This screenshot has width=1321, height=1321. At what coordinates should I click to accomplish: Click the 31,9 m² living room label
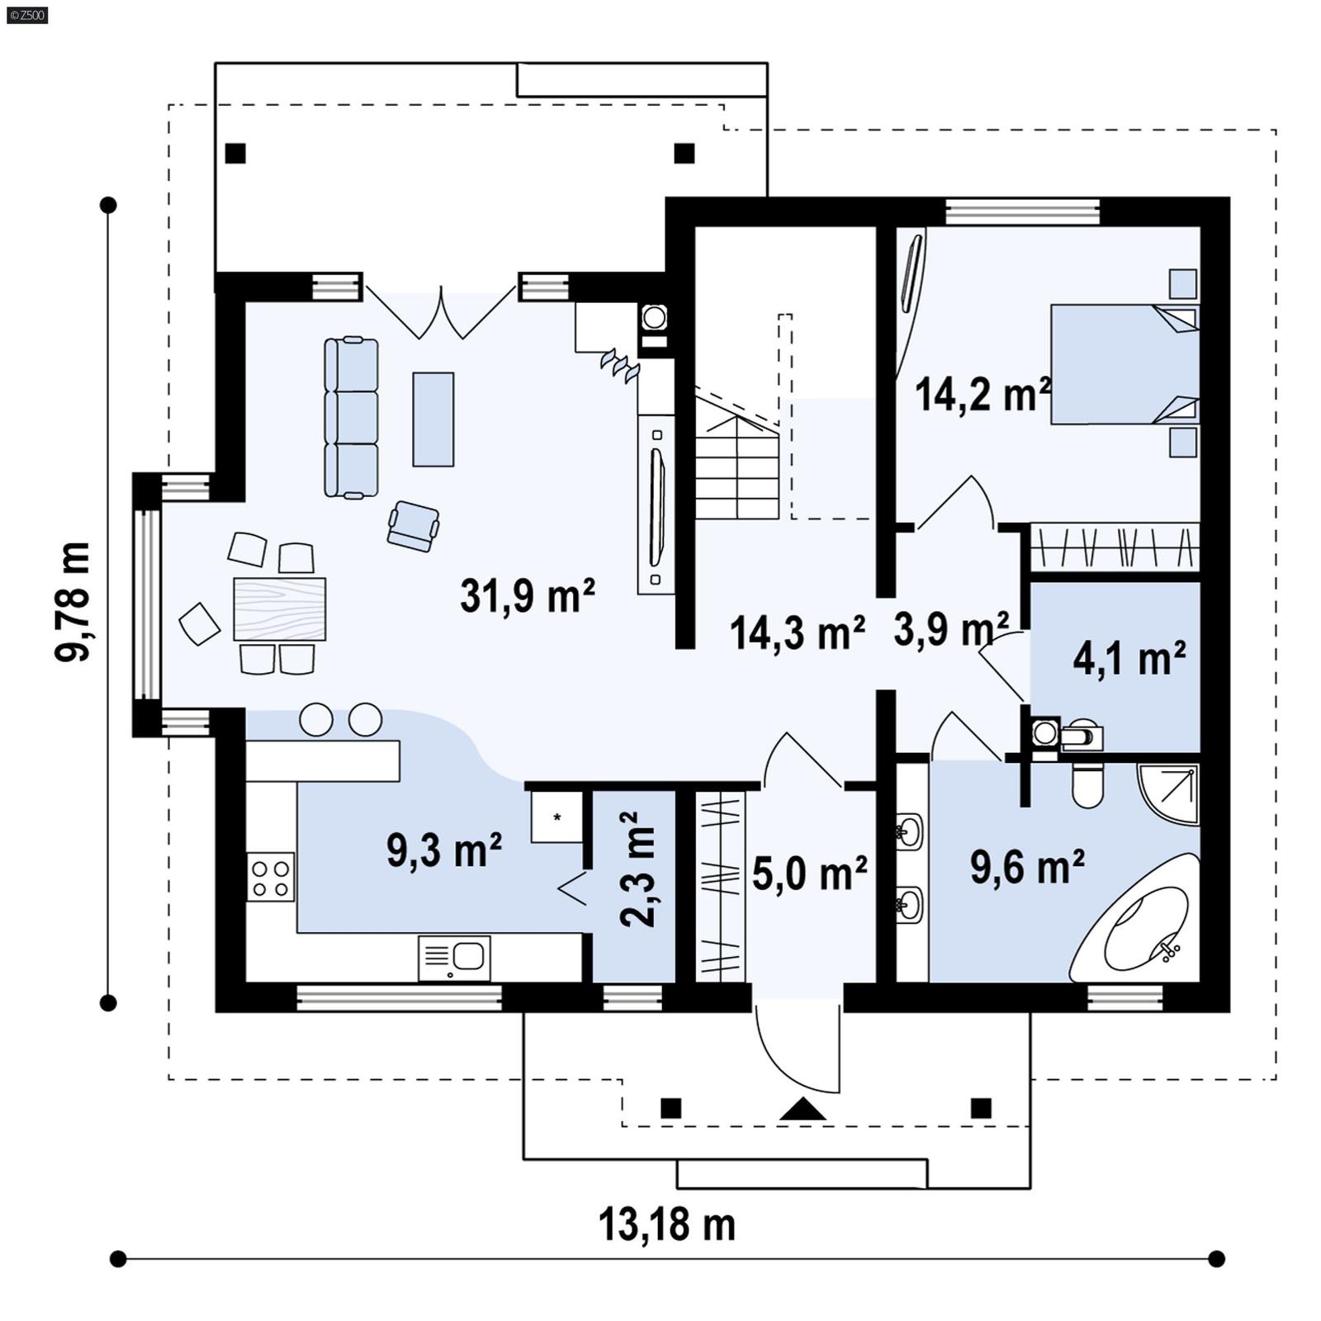click(527, 595)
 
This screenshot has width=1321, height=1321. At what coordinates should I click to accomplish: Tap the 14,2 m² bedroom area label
click(982, 394)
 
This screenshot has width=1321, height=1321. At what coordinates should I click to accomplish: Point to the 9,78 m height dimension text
click(73, 602)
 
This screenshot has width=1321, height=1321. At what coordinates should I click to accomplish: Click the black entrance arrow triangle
click(802, 1110)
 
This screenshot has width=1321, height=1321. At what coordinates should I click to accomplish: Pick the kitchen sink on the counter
click(454, 958)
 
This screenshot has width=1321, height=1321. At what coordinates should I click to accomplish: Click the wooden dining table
click(279, 609)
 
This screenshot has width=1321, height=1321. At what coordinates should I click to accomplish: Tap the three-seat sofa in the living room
click(352, 418)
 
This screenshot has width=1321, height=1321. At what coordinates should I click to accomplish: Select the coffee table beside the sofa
click(433, 419)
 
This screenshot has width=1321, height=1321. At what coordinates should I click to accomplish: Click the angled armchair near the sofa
click(413, 526)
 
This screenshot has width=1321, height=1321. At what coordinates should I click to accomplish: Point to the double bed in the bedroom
click(1123, 364)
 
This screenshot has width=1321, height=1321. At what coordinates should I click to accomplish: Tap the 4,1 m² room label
click(1129, 659)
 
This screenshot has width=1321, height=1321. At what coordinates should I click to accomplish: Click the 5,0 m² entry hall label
click(809, 874)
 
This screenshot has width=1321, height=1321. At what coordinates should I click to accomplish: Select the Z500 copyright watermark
click(26, 14)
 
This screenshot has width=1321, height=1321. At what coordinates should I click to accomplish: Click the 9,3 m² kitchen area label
click(443, 850)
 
